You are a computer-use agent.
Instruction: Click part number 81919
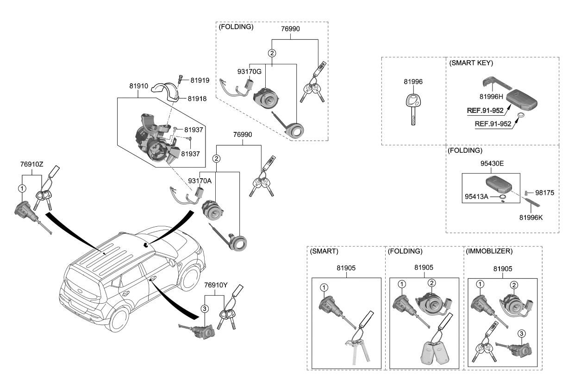click(x=200, y=81)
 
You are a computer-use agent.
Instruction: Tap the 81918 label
click(x=197, y=99)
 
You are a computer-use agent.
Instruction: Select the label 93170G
click(x=250, y=72)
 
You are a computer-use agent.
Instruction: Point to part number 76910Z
click(x=32, y=164)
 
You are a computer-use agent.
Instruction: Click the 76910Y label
click(x=216, y=285)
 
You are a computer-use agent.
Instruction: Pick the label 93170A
click(x=200, y=181)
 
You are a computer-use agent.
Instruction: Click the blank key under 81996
click(x=413, y=109)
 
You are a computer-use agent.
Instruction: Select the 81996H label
click(x=491, y=97)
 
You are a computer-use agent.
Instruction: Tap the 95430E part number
click(x=492, y=163)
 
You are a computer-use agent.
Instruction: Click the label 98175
click(x=545, y=193)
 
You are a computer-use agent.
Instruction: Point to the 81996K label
click(x=531, y=218)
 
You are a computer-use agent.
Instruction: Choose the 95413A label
click(x=476, y=197)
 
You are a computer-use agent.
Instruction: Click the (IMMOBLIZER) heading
click(x=489, y=251)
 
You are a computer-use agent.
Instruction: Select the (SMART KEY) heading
click(x=471, y=63)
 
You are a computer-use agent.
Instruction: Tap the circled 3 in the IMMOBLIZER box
click(x=522, y=334)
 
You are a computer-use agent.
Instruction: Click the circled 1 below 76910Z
click(x=22, y=188)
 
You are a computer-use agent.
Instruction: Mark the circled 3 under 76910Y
click(x=205, y=309)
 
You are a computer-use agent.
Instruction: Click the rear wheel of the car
click(x=119, y=320)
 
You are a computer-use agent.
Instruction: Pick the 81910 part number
click(x=138, y=86)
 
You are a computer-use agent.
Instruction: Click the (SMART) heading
click(x=324, y=251)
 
